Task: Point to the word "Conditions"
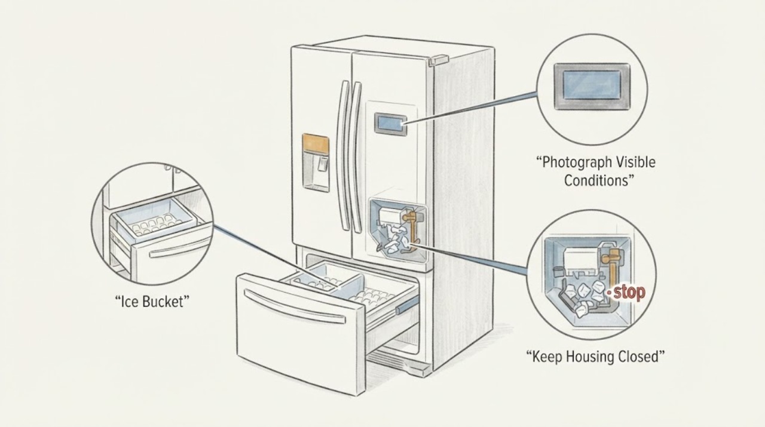coord(596,180)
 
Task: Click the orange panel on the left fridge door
coord(316,143)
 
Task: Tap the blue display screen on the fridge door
coord(391,124)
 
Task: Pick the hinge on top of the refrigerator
coord(439,60)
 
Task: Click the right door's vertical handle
coord(355,157)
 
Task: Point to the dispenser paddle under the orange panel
coord(323,164)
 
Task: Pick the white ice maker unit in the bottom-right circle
coord(580,260)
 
